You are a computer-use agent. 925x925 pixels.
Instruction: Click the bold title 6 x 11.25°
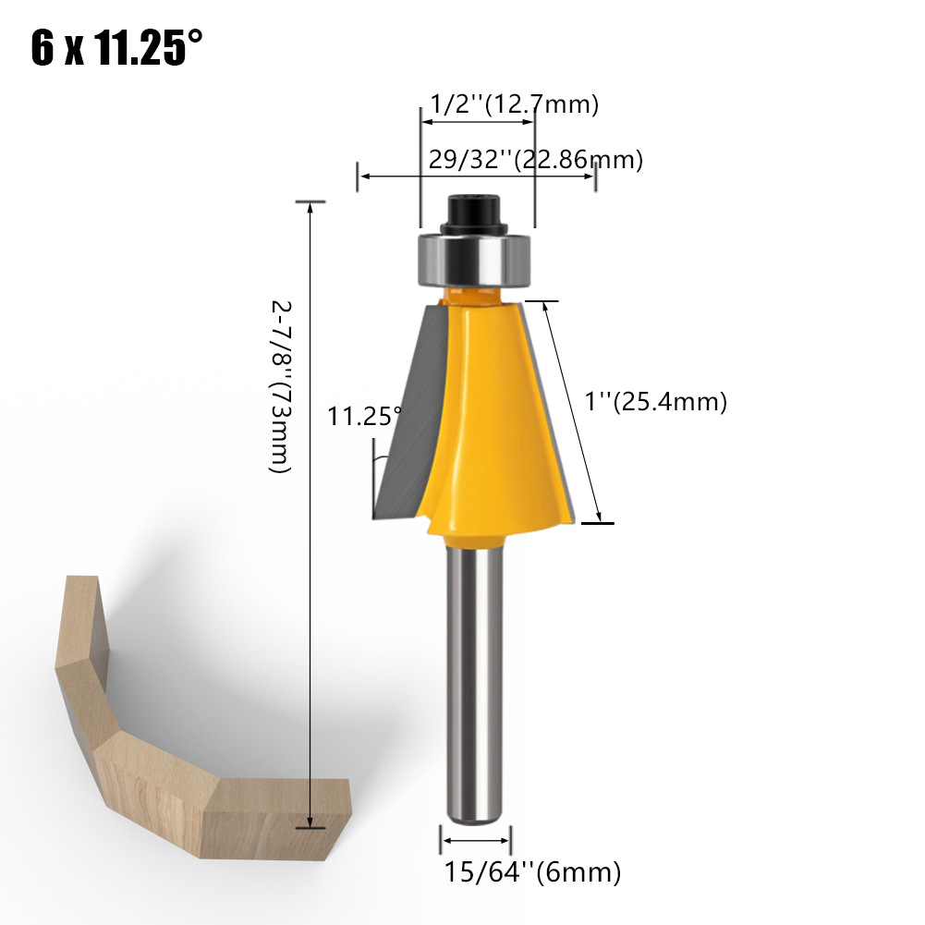pyautogui.click(x=116, y=47)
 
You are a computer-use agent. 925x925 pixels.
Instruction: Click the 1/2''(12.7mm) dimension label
pyautogui.click(x=515, y=104)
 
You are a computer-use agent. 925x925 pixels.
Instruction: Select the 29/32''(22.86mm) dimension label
pyautogui.click(x=536, y=160)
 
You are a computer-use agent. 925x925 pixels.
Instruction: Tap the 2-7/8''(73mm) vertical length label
pyautogui.click(x=281, y=387)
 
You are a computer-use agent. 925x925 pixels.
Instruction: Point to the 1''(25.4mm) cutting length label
pyautogui.click(x=655, y=402)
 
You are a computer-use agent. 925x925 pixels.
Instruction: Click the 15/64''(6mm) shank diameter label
pyautogui.click(x=532, y=872)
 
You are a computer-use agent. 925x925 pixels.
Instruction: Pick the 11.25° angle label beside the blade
pyautogui.click(x=364, y=417)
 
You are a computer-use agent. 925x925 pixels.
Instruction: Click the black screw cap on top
pyautogui.click(x=474, y=214)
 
